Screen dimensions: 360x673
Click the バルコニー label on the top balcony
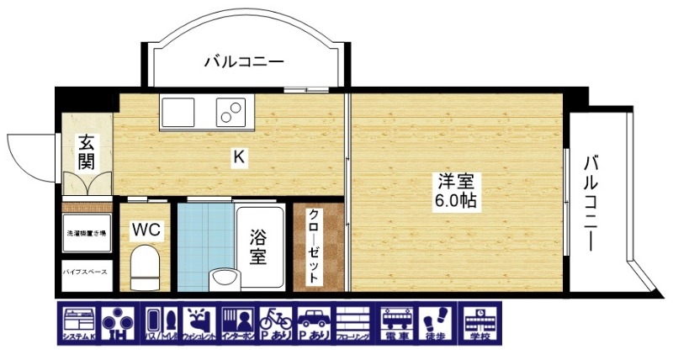pyautogui.click(x=244, y=61)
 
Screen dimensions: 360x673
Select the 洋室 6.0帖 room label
pyautogui.click(x=457, y=191)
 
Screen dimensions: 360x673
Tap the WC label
pyautogui.click(x=146, y=228)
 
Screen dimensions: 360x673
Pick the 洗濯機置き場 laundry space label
pyautogui.click(x=86, y=232)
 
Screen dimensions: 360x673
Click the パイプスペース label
pyautogui.click(x=86, y=273)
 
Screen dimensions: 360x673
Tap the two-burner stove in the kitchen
pyautogui.click(x=231, y=110)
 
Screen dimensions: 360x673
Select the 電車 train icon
pyautogui.click(x=398, y=323)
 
